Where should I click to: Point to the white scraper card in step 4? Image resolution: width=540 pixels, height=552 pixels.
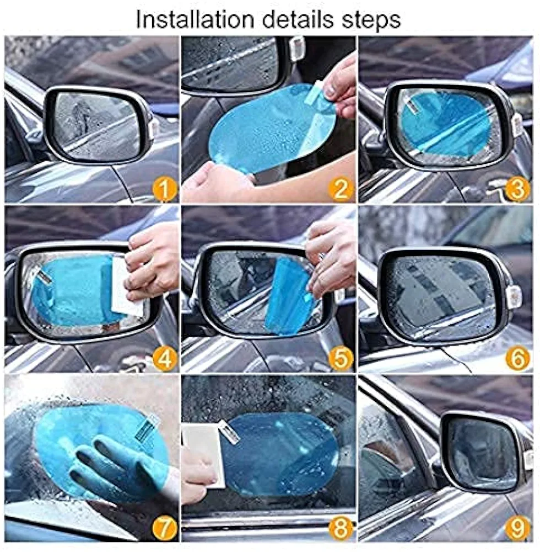(127, 287)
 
